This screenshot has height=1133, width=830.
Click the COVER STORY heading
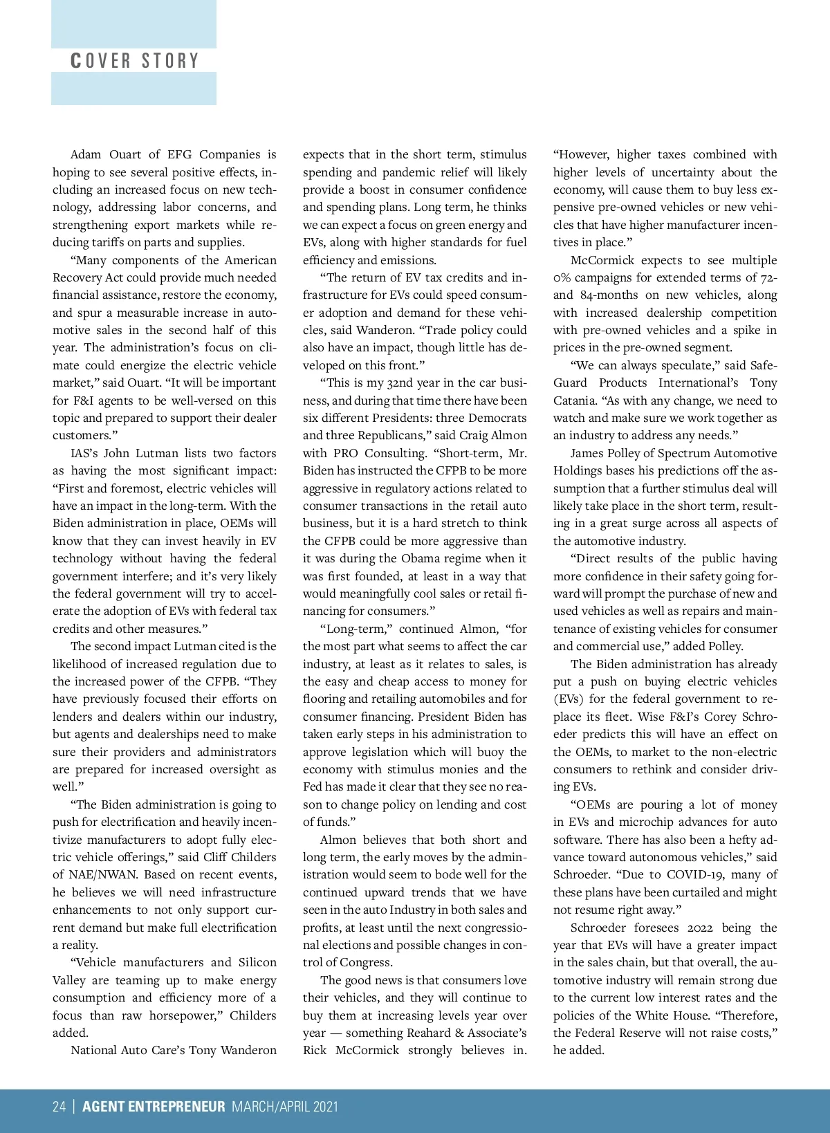(135, 61)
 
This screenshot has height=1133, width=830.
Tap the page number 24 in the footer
(59, 1107)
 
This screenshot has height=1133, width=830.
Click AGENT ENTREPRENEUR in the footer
(154, 1107)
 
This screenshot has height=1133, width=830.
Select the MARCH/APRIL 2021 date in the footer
(285, 1107)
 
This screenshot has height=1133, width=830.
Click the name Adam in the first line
(86, 154)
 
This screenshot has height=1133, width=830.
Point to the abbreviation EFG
(179, 154)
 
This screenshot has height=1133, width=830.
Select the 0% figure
(562, 277)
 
